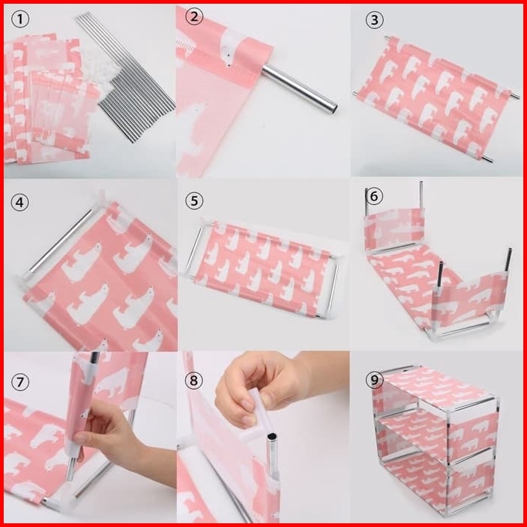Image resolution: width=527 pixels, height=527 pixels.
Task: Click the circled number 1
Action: click(20, 19)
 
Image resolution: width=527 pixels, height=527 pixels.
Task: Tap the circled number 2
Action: click(194, 16)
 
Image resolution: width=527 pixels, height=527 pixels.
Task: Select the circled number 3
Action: click(374, 20)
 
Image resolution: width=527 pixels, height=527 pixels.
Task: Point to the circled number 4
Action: click(19, 203)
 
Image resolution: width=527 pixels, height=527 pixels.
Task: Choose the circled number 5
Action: click(194, 201)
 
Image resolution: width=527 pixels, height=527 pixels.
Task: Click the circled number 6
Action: click(374, 196)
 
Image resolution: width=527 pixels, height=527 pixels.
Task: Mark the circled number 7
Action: click(20, 382)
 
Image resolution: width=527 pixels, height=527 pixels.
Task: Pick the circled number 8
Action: click(194, 381)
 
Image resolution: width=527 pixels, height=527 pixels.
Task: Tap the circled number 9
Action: click(374, 380)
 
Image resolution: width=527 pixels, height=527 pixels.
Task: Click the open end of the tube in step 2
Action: click(333, 108)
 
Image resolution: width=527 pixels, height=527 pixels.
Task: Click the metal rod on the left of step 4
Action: click(57, 243)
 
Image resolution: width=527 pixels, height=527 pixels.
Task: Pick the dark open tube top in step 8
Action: click(271, 437)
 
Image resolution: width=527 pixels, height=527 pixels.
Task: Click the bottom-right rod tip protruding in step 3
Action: click(488, 160)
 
